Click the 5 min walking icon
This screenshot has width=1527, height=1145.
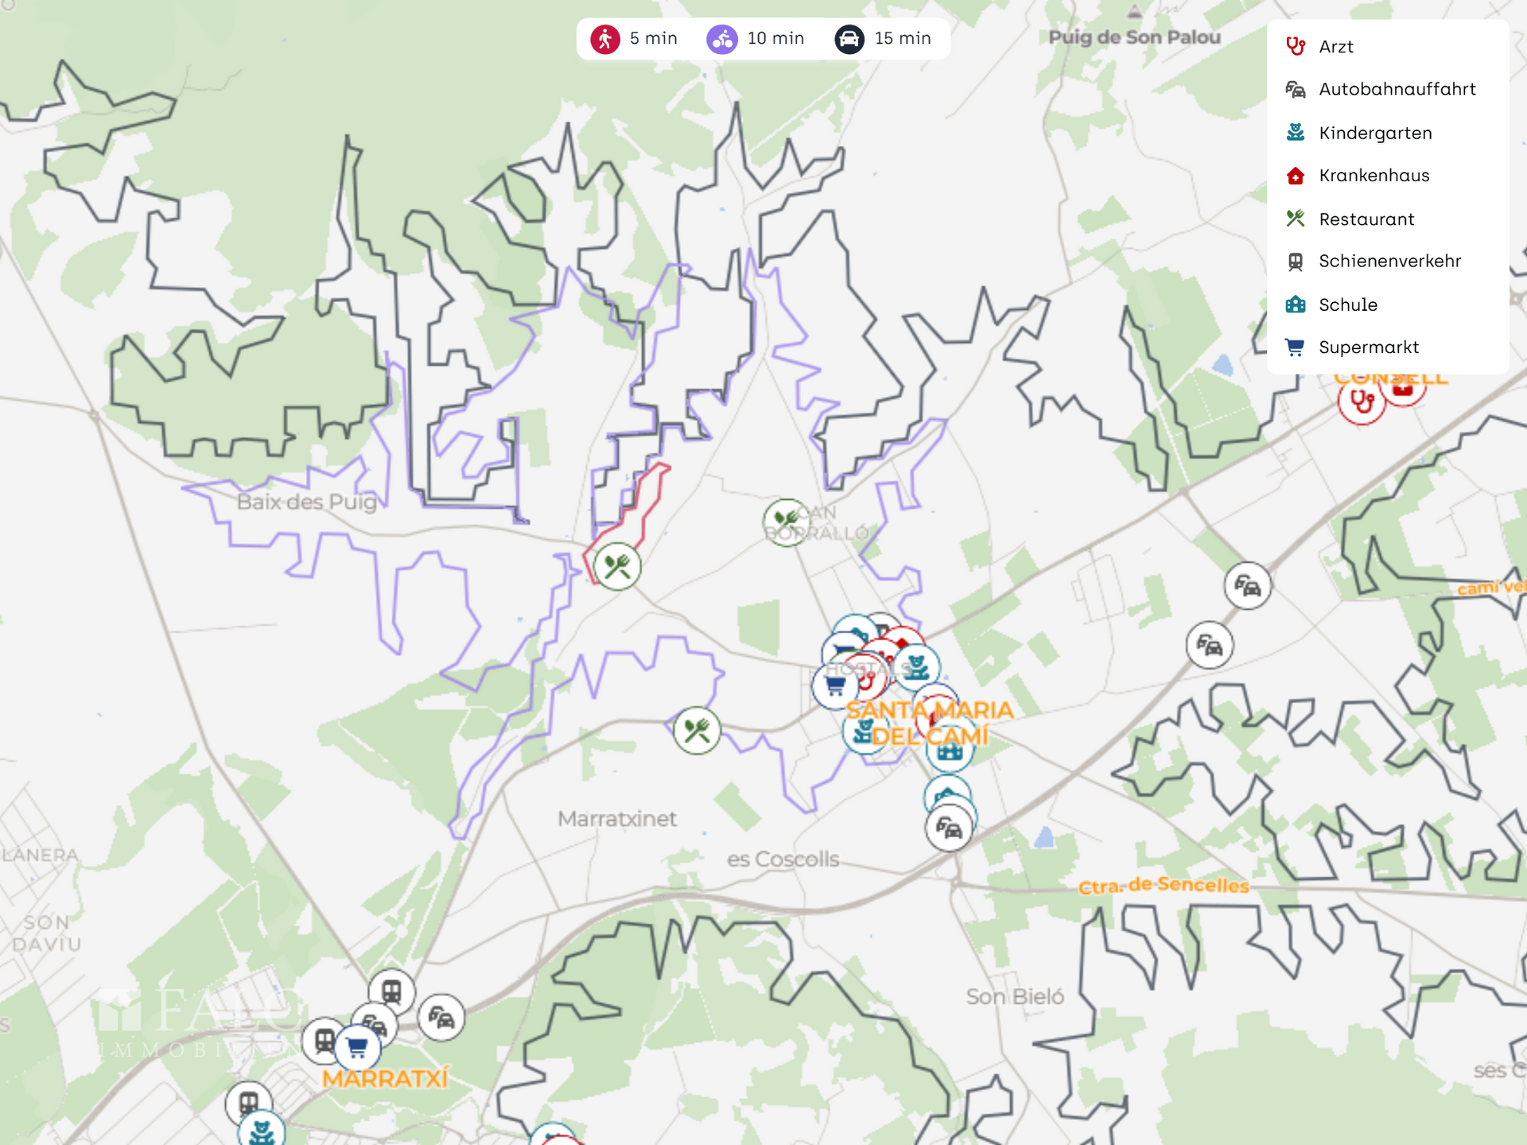(x=605, y=39)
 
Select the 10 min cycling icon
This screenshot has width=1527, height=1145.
(x=722, y=39)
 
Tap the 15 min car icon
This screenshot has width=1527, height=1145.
(x=849, y=39)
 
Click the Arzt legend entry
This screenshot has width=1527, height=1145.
(x=1335, y=47)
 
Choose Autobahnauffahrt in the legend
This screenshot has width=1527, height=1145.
(x=1397, y=89)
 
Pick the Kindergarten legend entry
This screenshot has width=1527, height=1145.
(x=1374, y=133)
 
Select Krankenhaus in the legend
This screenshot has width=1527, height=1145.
(x=1374, y=176)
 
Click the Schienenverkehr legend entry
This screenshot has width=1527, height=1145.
(x=1389, y=261)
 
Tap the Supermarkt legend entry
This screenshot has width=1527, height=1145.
(x=1368, y=347)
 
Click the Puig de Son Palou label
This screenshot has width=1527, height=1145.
(x=1134, y=37)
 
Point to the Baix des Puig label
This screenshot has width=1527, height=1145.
(x=307, y=502)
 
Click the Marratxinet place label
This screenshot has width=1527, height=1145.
(x=617, y=819)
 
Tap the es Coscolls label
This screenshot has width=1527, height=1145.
(x=783, y=860)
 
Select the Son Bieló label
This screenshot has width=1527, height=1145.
(x=1015, y=997)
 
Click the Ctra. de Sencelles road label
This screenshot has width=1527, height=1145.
(x=1164, y=885)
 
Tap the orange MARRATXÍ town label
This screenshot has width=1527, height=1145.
(x=385, y=1079)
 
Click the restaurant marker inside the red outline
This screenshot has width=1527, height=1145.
(x=617, y=567)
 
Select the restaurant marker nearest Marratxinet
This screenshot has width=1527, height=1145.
(x=697, y=730)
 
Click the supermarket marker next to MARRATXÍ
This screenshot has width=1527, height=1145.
(x=357, y=1048)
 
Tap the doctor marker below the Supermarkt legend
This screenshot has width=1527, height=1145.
(x=1362, y=402)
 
